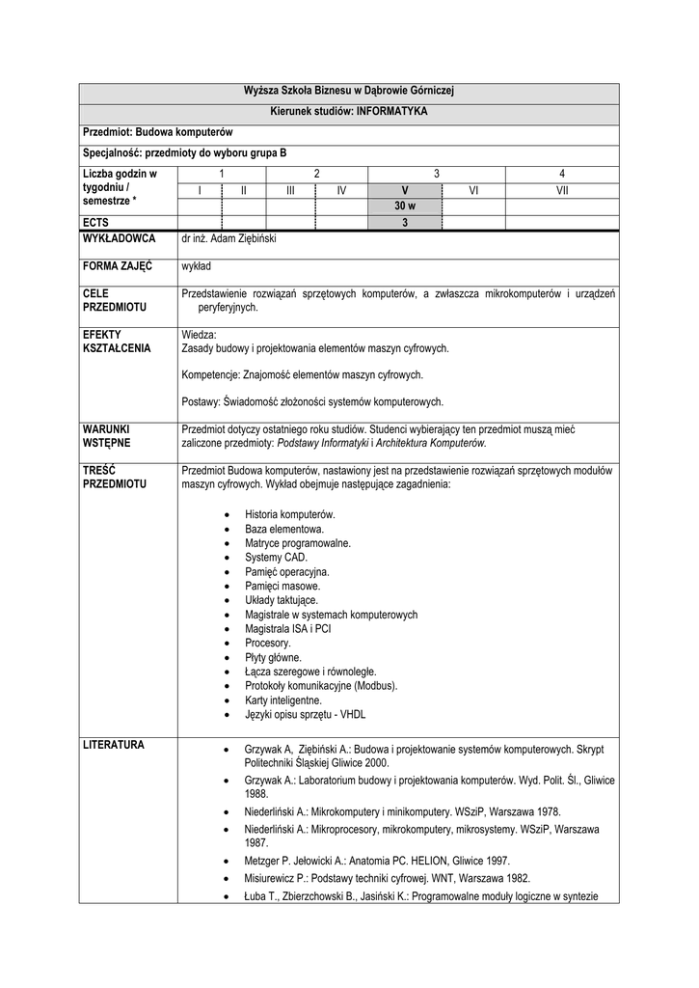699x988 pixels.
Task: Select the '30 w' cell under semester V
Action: [404, 206]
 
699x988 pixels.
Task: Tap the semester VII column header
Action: [562, 190]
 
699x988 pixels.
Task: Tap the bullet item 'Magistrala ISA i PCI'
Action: [287, 628]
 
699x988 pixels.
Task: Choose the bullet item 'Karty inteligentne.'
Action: [282, 700]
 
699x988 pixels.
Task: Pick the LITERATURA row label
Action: [114, 745]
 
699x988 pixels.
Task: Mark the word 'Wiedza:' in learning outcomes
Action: [200, 334]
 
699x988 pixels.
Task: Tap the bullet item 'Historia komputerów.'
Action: [289, 514]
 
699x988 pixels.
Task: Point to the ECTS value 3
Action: [405, 222]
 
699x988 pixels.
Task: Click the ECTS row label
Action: [95, 222]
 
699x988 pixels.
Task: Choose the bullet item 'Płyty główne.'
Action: [273, 657]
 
